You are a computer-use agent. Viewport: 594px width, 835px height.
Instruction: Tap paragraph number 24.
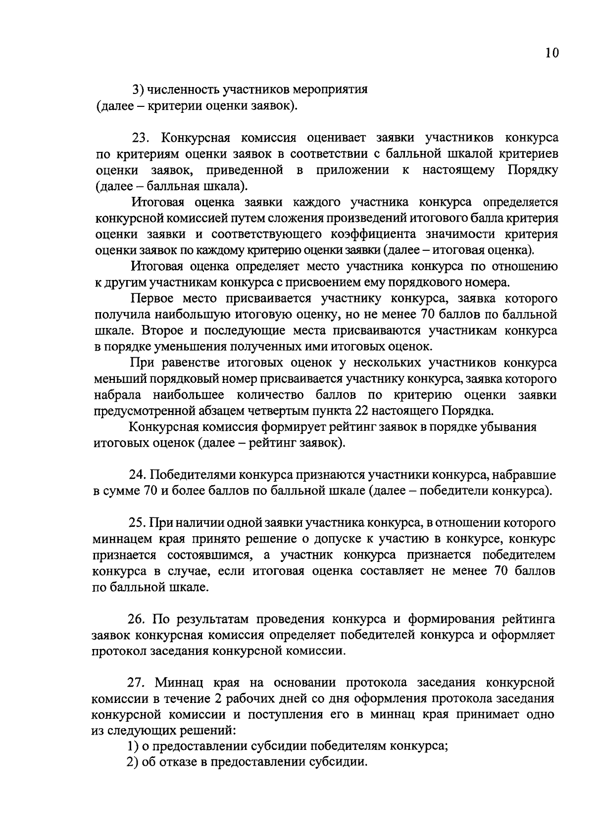click(137, 475)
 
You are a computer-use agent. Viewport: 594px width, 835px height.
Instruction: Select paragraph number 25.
click(137, 523)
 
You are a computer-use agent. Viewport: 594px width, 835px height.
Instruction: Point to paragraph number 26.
click(137, 619)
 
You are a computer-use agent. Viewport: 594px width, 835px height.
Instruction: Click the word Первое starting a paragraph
click(151, 298)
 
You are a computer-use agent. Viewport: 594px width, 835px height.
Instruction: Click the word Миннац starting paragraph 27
click(179, 683)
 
